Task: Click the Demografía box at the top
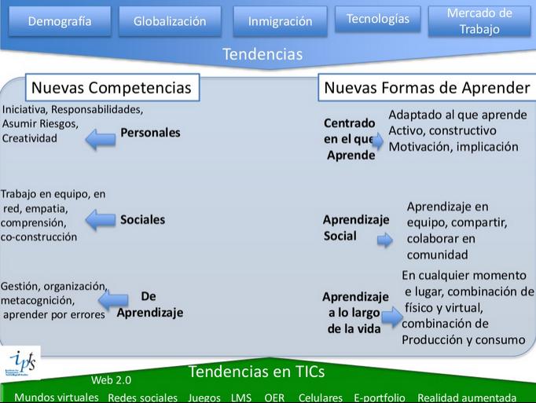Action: coord(59,21)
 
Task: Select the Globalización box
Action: coord(170,21)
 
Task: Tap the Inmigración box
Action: coord(280,21)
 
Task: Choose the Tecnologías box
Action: coord(377,19)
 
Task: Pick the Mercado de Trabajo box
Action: coord(479,21)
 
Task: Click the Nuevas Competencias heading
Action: coord(111,87)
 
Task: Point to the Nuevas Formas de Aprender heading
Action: coord(427,87)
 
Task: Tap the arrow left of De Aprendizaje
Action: coord(114,299)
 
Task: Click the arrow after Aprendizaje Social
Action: coord(384,240)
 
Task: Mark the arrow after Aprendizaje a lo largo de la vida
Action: coord(391,317)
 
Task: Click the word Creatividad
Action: coord(30,138)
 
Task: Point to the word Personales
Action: coord(150,133)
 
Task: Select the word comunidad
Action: coord(437,254)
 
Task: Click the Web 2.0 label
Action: coord(112,380)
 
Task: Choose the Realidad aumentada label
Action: coord(467,398)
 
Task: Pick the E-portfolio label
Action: coord(380,398)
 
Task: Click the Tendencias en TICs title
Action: coord(256,372)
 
